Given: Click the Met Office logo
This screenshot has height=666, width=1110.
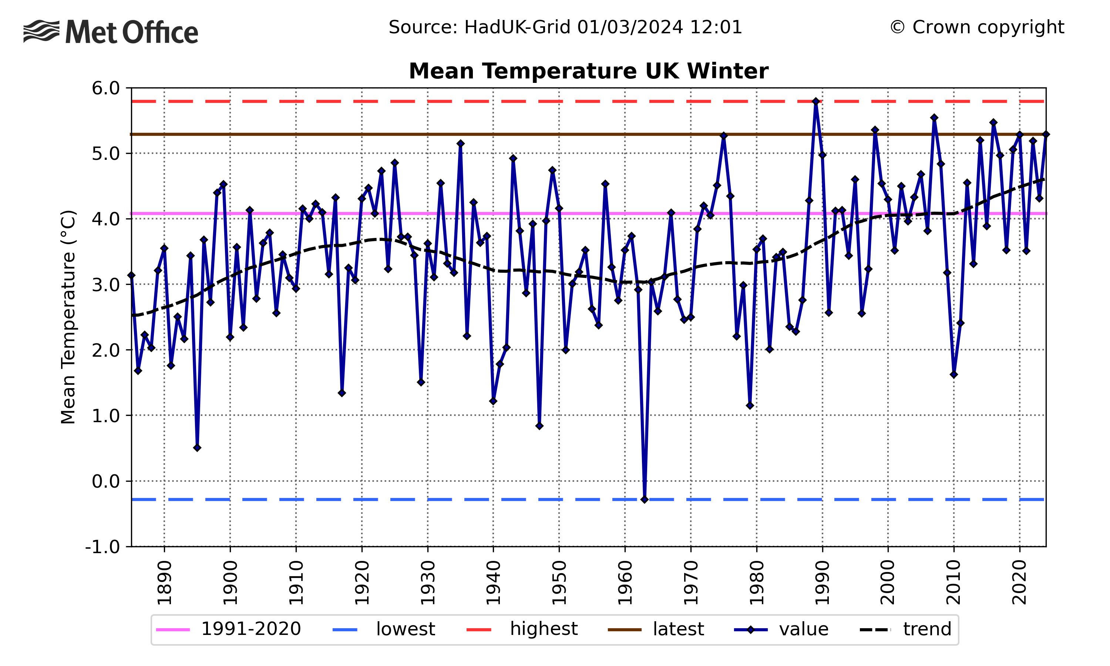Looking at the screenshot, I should [x=110, y=32].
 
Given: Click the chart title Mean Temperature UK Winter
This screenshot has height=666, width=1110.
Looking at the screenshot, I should [x=588, y=71].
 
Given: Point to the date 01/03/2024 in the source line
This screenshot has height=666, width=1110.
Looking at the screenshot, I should [x=629, y=27].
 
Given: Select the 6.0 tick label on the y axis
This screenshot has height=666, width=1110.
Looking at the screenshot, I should [x=106, y=88].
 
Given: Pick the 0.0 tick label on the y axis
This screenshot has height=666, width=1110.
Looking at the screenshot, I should [x=106, y=481].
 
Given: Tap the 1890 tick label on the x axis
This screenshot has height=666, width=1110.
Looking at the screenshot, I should [x=165, y=582].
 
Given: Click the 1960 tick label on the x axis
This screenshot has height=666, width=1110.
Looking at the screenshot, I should [x=625, y=582].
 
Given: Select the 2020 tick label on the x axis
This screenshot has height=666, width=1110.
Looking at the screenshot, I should [x=1020, y=582].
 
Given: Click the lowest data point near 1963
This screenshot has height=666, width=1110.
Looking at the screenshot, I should [x=644, y=499].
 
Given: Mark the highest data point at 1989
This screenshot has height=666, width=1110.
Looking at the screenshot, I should [x=816, y=101].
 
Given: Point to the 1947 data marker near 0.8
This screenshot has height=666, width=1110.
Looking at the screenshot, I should [x=539, y=426].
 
